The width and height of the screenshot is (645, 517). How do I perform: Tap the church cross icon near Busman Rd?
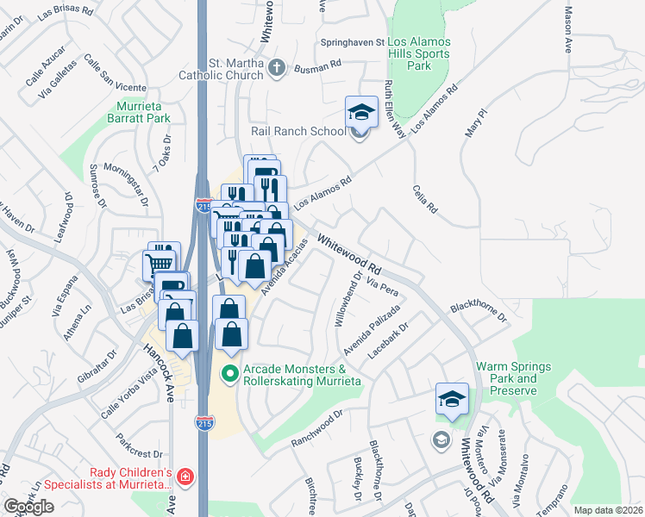tap(276, 69)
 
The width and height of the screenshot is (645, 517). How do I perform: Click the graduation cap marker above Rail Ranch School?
tap(361, 112)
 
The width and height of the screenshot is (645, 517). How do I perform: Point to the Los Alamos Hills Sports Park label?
tap(420, 53)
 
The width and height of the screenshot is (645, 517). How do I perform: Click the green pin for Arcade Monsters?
tap(229, 375)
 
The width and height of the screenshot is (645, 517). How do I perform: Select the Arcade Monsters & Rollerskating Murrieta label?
tap(295, 375)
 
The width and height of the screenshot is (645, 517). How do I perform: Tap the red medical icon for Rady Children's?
tap(183, 475)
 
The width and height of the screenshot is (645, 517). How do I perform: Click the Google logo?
tap(28, 507)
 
